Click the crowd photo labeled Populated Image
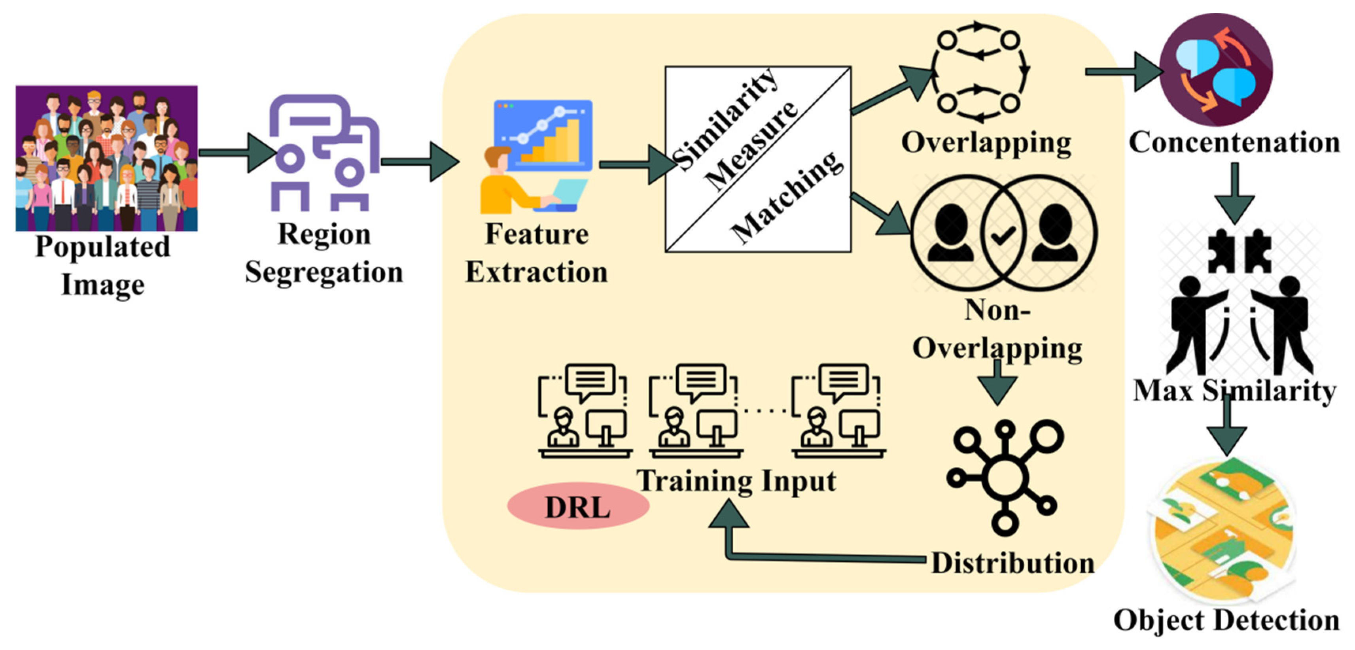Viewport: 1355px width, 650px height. point(106,158)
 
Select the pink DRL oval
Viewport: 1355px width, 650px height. point(577,506)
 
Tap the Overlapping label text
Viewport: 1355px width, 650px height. point(986,143)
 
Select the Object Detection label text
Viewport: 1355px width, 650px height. point(1226,621)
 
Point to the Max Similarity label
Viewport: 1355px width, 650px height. point(1234,391)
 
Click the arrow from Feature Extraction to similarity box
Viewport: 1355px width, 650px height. point(636,164)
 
